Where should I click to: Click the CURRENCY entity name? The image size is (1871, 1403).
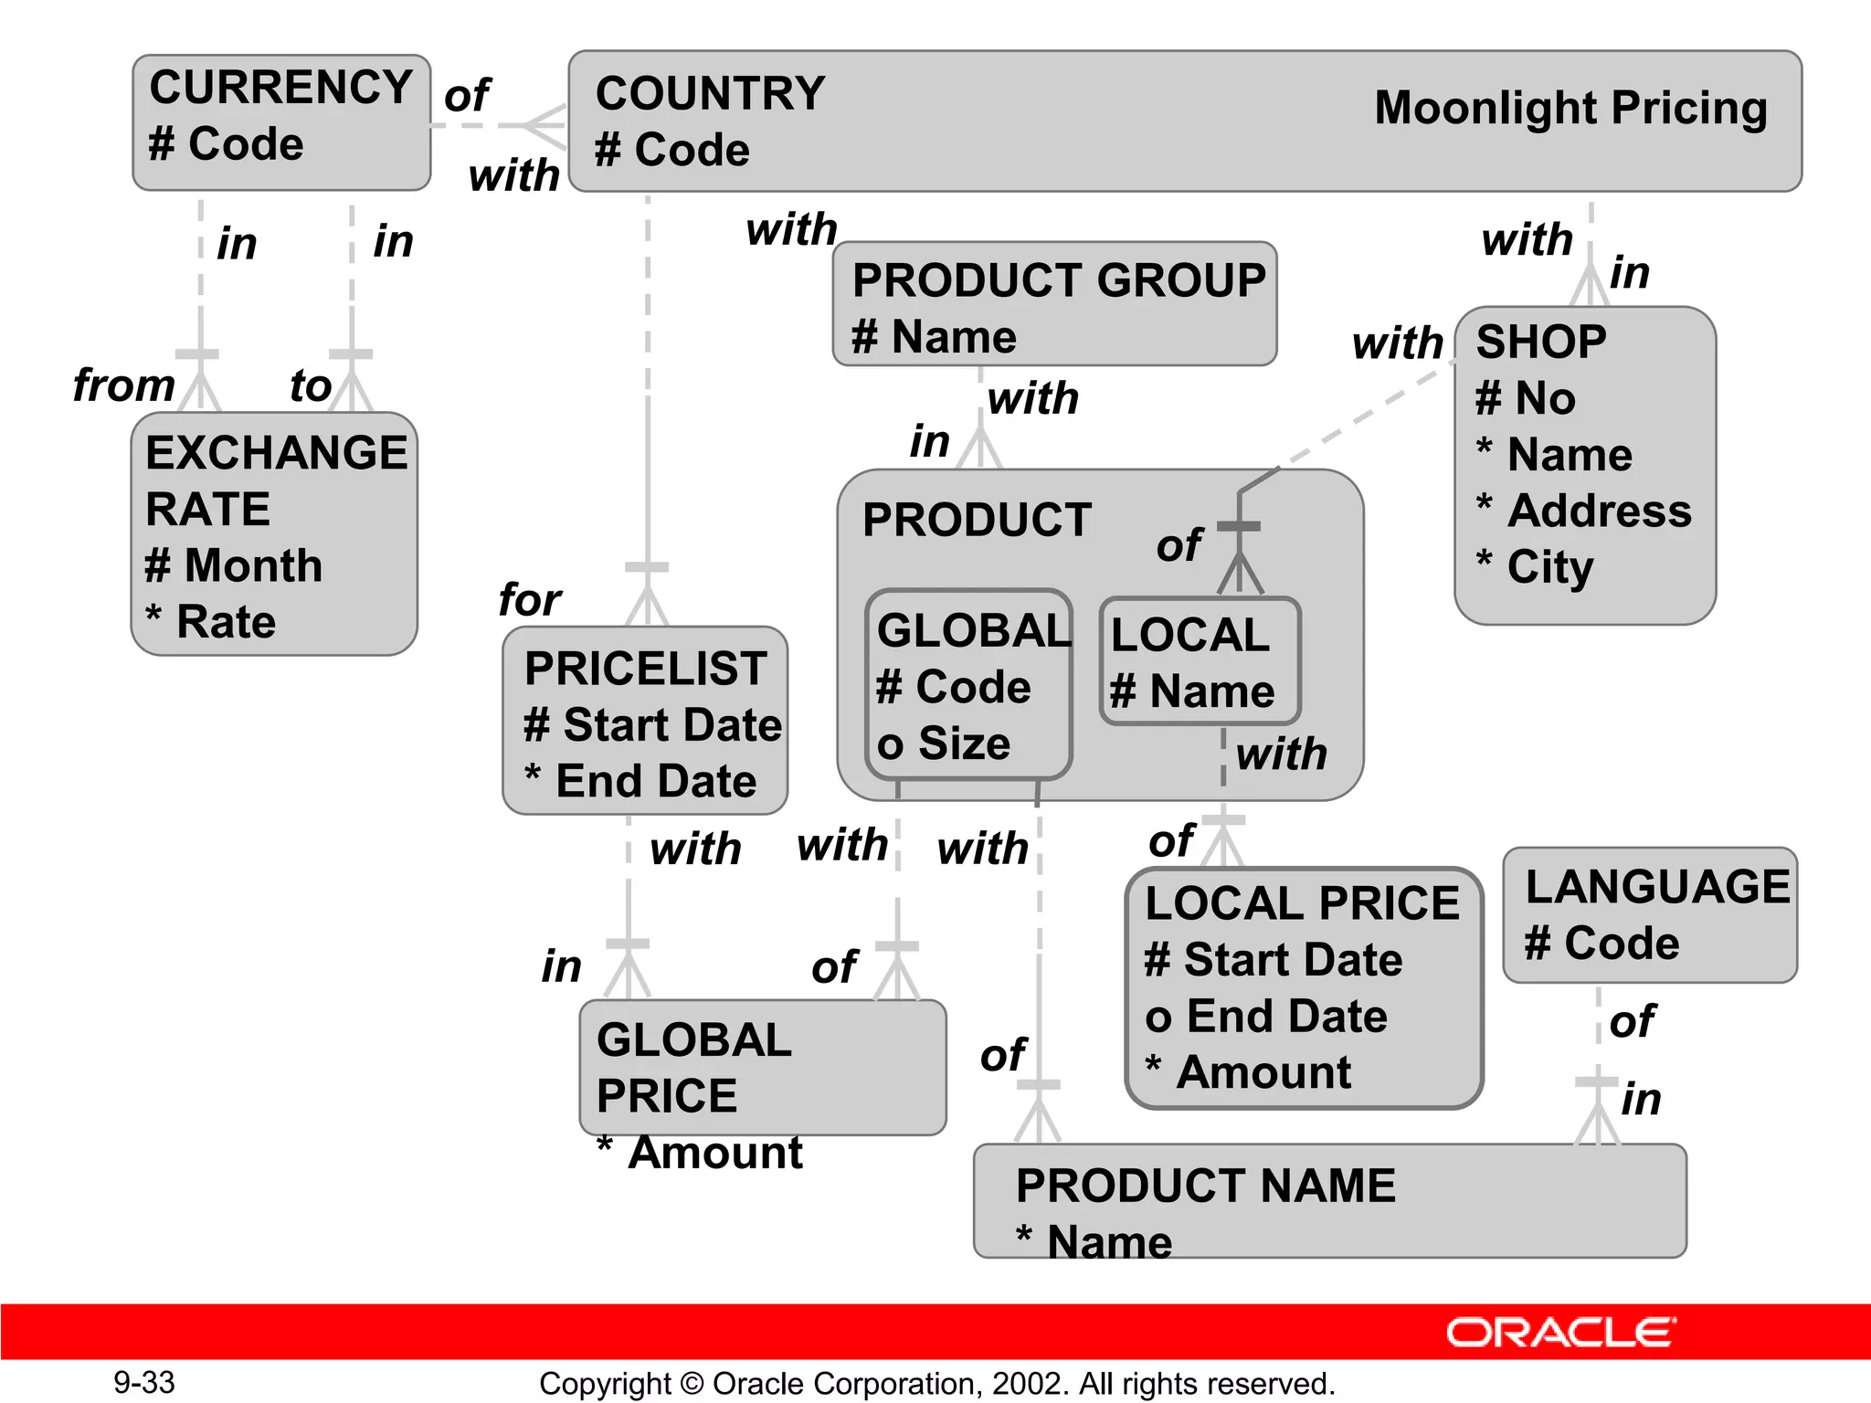pos(280,88)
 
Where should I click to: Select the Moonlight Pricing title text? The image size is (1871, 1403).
pos(1570,109)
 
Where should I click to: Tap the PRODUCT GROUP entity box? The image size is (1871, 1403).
pos(1054,305)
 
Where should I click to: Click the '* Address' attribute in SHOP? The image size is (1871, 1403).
pos(1584,511)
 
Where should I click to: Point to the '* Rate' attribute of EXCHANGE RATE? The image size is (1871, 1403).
pos(211,622)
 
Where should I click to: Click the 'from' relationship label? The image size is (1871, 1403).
pos(123,385)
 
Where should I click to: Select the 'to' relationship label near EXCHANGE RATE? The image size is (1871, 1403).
pos(310,385)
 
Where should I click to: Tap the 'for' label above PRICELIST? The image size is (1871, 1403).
pos(529,600)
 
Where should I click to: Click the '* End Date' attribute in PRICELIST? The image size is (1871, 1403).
pos(640,781)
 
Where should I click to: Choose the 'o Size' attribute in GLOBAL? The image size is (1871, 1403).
pos(944,744)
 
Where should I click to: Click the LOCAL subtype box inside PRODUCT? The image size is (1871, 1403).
pos(1199,661)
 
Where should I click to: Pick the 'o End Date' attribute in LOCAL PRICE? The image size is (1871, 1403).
pos(1266,1016)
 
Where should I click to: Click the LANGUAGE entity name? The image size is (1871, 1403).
pos(1657,887)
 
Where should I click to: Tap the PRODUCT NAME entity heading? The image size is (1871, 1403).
pos(1205,1186)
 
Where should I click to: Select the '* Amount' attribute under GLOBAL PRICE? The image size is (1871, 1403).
pos(700,1153)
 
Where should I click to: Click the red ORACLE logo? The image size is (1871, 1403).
pos(1560,1333)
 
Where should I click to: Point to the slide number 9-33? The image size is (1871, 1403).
pos(144,1383)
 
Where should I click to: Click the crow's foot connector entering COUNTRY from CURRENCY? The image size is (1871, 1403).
pos(544,125)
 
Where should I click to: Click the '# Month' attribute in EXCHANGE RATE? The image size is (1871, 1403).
pos(234,565)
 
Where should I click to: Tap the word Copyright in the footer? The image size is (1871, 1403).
pos(604,1384)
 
